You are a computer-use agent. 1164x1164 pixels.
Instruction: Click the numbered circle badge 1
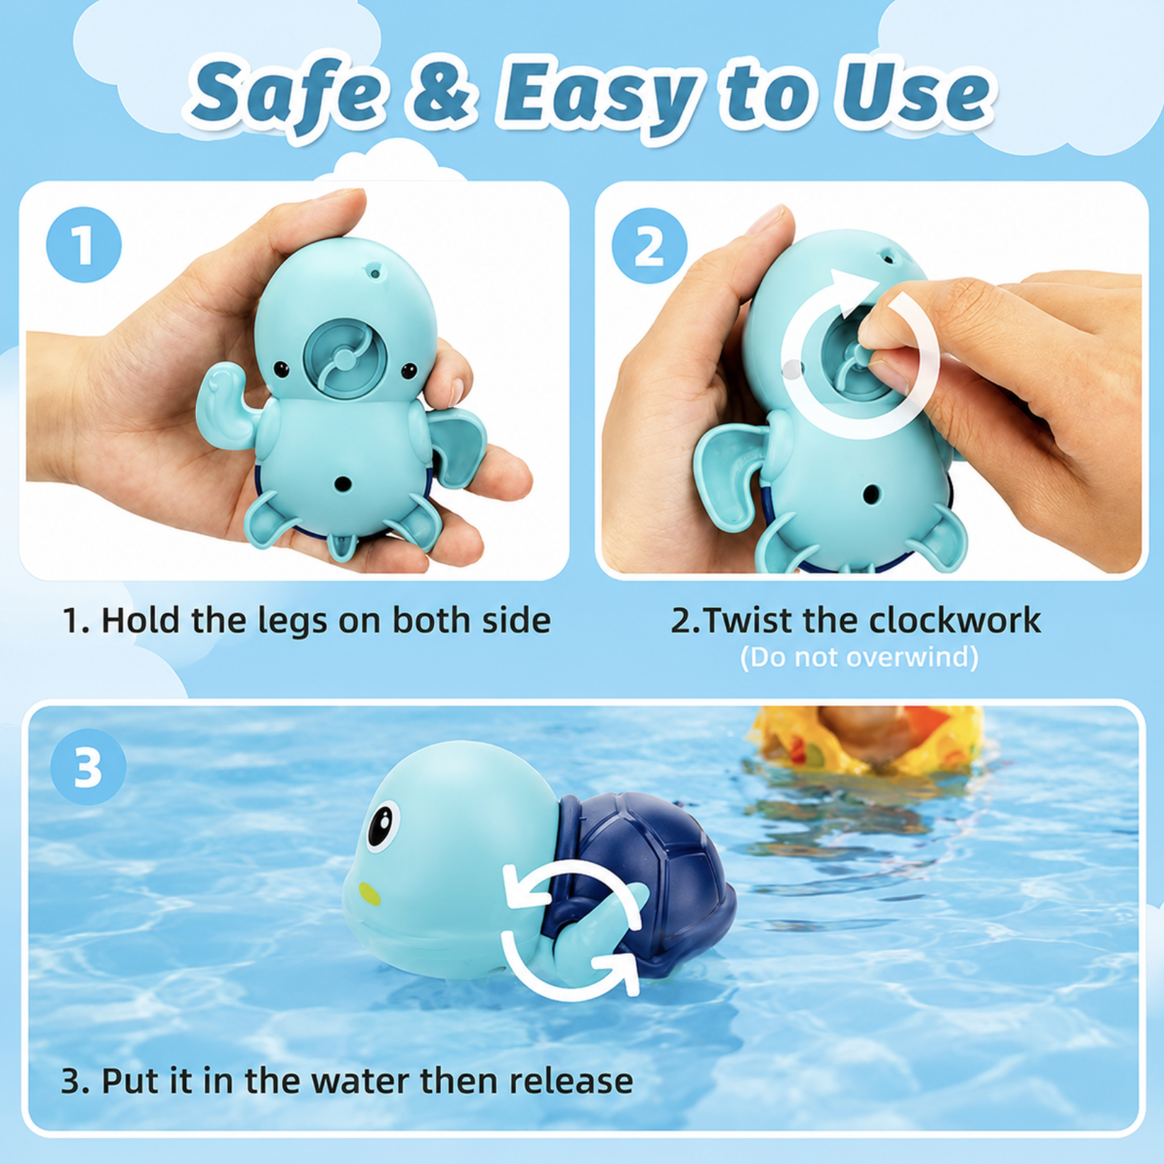click(84, 245)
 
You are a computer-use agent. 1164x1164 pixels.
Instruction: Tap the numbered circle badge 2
click(649, 246)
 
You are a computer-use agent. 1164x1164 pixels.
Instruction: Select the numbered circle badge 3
click(89, 768)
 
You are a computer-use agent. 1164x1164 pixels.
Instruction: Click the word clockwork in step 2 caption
click(955, 620)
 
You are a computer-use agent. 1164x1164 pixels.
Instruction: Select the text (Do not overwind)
click(860, 657)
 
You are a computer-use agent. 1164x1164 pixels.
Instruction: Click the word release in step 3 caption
click(571, 1080)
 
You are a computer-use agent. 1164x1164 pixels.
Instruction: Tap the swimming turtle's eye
click(382, 823)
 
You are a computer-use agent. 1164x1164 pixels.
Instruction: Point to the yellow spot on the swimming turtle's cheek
click(369, 894)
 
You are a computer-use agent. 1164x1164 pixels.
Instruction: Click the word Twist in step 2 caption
click(748, 620)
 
